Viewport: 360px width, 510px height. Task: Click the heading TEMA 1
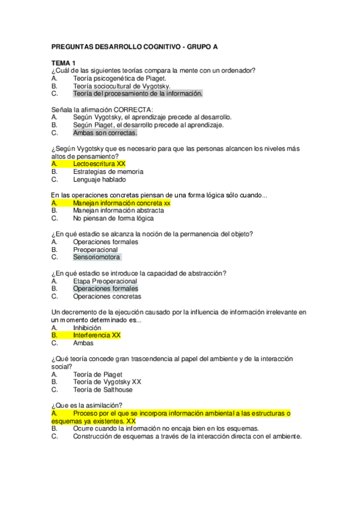64,63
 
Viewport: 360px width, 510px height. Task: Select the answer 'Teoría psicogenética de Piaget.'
120,78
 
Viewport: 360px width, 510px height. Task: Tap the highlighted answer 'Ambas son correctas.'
105,133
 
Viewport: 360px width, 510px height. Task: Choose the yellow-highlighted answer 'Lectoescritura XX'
99,164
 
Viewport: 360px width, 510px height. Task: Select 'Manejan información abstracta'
118,211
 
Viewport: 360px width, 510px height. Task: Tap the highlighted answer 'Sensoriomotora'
96,257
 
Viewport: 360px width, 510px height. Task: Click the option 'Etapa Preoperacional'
105,281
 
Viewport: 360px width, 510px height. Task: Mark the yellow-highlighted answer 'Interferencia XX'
97,336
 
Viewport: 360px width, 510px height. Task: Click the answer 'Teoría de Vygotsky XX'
107,382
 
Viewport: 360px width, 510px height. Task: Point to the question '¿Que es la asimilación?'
88,405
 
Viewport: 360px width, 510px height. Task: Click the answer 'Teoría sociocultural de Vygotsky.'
121,86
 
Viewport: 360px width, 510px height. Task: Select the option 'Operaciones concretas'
107,296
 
